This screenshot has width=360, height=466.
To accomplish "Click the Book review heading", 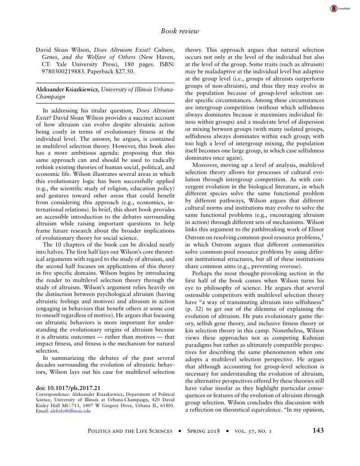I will tap(180, 31).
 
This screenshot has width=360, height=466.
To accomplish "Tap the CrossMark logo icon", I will tap(333, 8).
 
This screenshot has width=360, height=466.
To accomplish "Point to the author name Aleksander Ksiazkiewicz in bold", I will tap(67, 90).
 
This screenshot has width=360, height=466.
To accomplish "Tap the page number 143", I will tap(318, 430).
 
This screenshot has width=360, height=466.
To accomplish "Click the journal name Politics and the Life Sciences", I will tap(130, 431).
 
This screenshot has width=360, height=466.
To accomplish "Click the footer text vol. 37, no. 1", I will tap(253, 431).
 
